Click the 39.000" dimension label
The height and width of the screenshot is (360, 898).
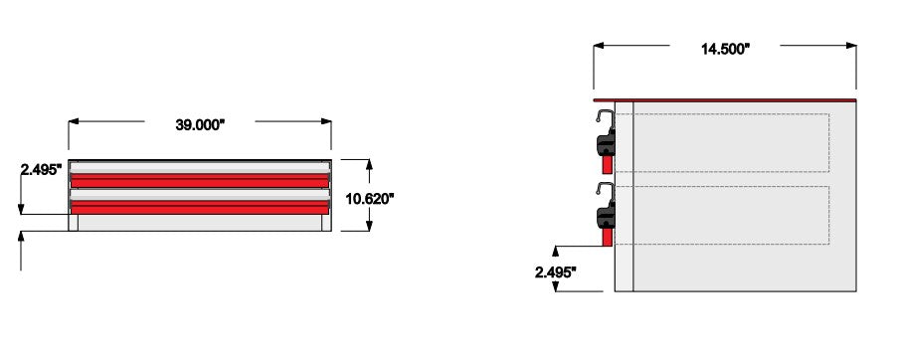200,124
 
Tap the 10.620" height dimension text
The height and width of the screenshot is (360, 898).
369,199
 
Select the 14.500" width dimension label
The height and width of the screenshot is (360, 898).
725,49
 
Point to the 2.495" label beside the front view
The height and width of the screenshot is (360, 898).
41,169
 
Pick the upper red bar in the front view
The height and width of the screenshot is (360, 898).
200,181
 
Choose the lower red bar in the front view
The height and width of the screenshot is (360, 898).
200,207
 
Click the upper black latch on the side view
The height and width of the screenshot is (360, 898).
606,145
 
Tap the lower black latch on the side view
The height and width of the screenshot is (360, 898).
606,218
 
